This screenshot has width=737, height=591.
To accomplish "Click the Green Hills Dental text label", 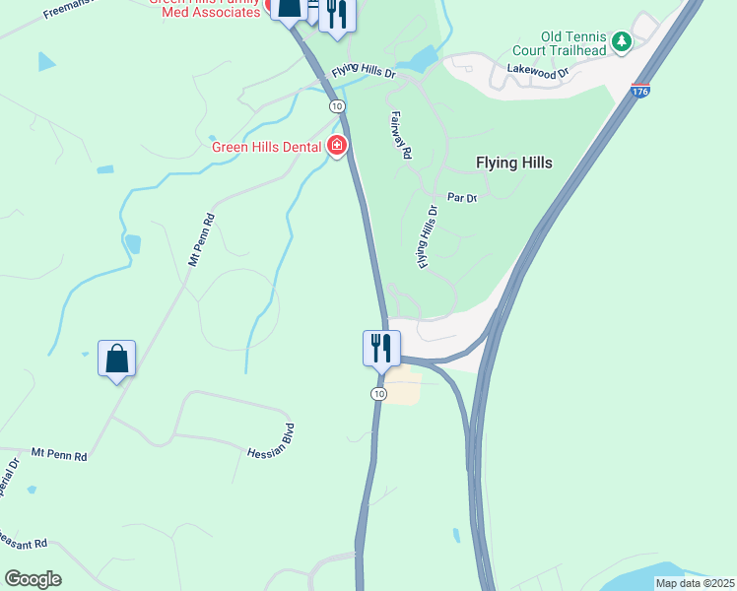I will pos(267,148).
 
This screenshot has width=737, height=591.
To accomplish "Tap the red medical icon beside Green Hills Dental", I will pos(337,147).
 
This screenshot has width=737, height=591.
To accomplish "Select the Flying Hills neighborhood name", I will pos(513,164).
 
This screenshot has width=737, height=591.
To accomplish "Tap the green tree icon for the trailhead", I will pos(621,41).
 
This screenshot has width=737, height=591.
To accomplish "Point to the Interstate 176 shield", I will pos(640,91).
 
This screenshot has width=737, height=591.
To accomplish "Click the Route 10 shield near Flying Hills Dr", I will pos(337,105).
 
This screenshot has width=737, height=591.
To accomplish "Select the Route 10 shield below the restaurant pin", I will pos(378,393).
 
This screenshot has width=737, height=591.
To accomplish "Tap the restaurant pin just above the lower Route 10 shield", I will pos(380,349).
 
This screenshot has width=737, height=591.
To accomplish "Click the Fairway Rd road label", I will pos(399,135).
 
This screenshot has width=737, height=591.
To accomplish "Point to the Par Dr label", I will pos(461,198).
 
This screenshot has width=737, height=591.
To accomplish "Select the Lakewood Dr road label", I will pos(538,71).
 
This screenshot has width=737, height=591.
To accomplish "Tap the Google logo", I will pos(33,578).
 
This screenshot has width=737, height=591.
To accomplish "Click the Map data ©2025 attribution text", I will pos(695,582).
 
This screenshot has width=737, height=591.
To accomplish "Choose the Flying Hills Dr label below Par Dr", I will pos(426,237).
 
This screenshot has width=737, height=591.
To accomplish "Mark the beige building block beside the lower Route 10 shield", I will pos(402,386).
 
